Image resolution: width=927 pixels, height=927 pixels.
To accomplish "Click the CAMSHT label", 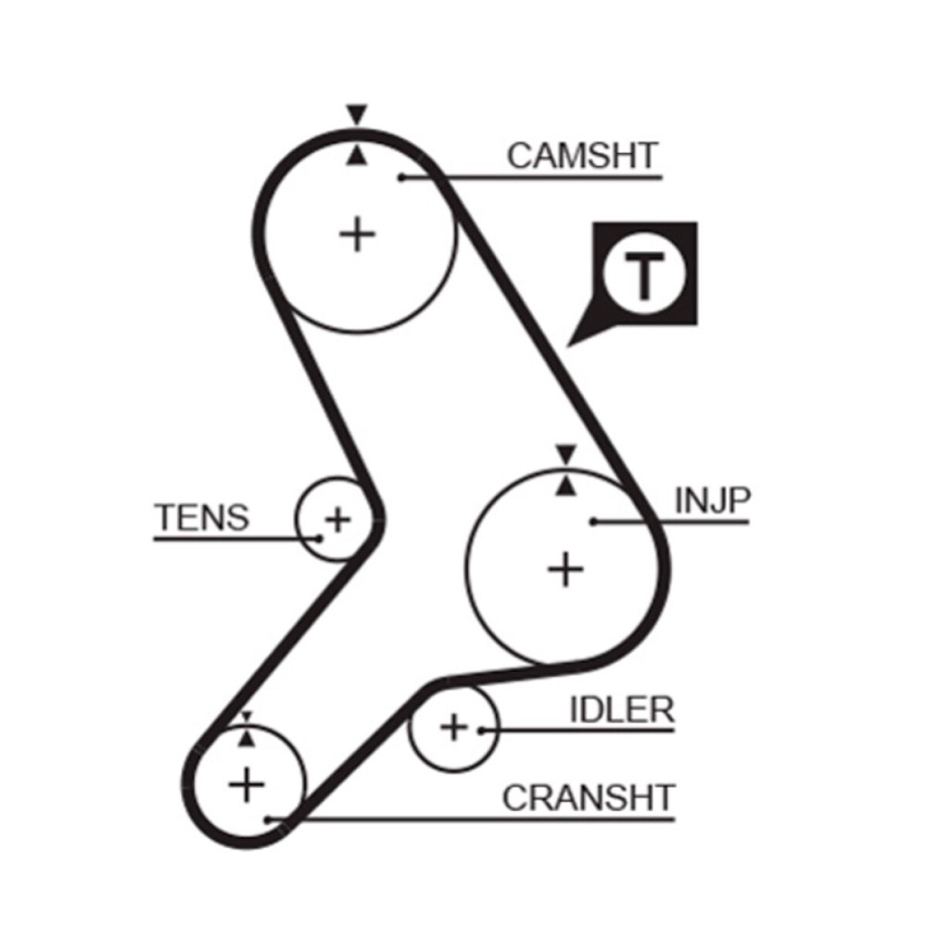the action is [x=582, y=155].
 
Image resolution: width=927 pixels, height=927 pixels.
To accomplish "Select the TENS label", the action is [x=202, y=517].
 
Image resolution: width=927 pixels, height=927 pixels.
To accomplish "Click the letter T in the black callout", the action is [x=644, y=275].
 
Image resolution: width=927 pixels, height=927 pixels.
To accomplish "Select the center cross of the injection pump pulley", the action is [x=565, y=570].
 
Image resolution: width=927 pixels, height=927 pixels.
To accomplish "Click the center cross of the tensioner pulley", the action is [x=338, y=520].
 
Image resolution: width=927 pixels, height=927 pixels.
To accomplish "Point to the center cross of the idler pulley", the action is [x=453, y=727].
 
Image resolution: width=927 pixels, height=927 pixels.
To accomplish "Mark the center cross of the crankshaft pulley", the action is [x=246, y=785].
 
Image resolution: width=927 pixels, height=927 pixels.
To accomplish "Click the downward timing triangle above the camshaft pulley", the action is [x=356, y=114].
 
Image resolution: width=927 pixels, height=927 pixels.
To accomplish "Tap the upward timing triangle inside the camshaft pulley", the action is [x=356, y=155].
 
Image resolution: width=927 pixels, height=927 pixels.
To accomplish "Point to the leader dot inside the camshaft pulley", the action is [x=402, y=178].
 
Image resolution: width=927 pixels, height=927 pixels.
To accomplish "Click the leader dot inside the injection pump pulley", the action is [x=594, y=521].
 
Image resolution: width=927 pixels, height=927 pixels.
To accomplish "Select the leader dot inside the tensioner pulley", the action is [x=318, y=538].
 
